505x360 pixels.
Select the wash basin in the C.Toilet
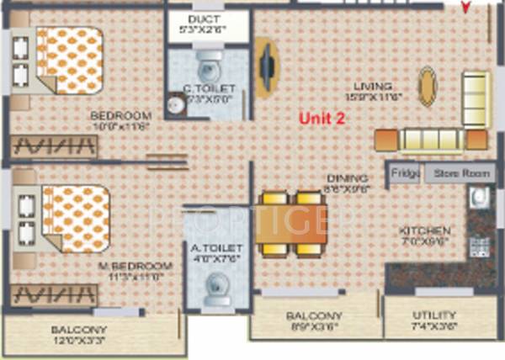click(174, 104)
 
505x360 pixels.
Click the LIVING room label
click(373, 87)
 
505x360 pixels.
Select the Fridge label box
click(405, 174)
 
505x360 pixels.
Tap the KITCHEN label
click(426, 230)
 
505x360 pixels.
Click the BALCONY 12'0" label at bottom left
click(78, 329)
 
